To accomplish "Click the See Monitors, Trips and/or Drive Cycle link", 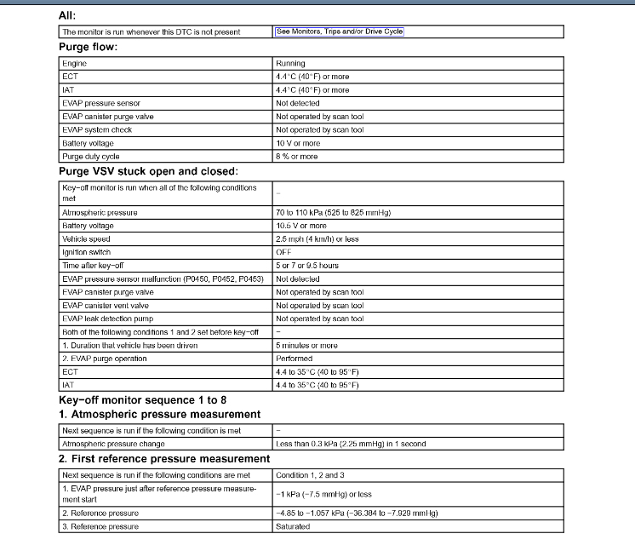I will pos(339,32).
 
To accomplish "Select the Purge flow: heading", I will pos(88,47).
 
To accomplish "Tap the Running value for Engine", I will pos(290,63).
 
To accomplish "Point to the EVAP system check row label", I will pos(96,129).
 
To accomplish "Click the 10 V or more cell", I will pos(298,143).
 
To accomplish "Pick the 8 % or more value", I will pos(296,157).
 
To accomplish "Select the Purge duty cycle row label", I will pos(91,157).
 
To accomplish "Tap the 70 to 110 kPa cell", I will pos(338,212).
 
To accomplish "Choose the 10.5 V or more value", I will pos(300,226).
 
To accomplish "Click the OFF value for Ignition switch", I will pos(284,252).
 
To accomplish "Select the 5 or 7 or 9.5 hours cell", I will pos(306,266).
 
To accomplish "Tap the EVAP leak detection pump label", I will pos(105,319).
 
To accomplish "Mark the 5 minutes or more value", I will pos(306,345).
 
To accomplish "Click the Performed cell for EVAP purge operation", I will pos(294,359).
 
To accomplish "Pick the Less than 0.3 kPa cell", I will pos(350,444).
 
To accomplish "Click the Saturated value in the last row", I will pos(293,526).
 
